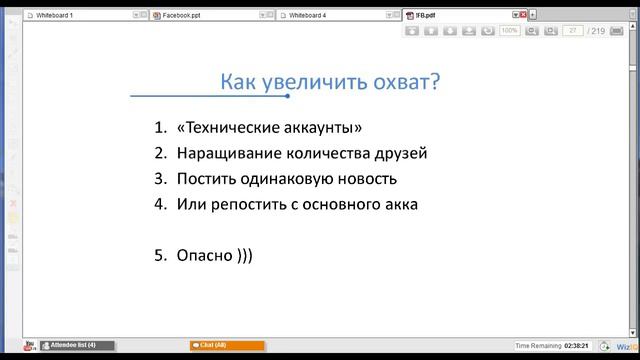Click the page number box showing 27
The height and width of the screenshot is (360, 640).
tap(573, 31)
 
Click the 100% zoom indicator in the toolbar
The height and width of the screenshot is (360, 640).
tap(509, 31)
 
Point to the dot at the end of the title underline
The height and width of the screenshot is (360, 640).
tap(288, 96)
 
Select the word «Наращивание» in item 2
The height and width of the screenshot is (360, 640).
tap(226, 154)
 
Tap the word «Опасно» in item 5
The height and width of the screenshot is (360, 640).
tap(204, 255)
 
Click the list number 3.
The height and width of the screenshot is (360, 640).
tap(160, 179)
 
